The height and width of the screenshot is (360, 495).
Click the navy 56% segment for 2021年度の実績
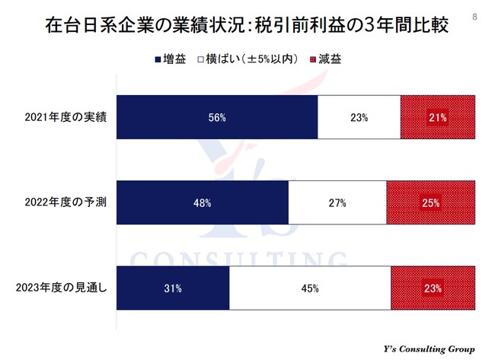(217, 117)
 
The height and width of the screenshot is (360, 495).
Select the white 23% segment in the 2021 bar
(359, 117)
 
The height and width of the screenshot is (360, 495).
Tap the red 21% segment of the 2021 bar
(437, 117)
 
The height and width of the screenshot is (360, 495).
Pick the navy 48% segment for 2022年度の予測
(203, 203)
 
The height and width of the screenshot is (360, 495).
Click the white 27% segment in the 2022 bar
(337, 203)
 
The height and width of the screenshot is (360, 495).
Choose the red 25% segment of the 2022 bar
(430, 203)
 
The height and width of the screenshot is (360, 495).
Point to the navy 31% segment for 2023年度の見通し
(173, 288)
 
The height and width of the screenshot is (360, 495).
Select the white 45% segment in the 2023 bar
(310, 288)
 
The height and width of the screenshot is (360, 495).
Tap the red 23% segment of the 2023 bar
(433, 288)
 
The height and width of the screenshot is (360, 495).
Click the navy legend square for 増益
(157, 59)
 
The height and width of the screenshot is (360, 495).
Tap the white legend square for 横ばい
(200, 59)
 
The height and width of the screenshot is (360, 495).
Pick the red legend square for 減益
(313, 59)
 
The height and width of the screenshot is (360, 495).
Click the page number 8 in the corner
(476, 16)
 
